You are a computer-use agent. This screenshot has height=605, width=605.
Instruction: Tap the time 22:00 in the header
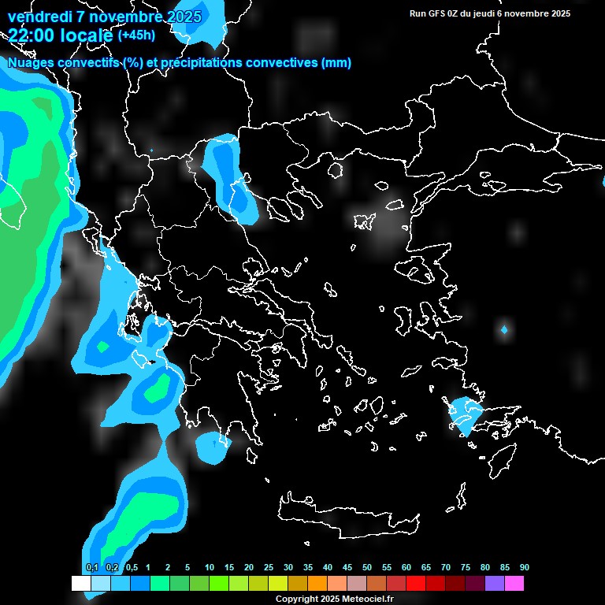[35, 35]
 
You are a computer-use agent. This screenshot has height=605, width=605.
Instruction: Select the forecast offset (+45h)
[136, 35]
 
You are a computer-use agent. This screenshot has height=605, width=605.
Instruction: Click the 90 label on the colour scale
[524, 567]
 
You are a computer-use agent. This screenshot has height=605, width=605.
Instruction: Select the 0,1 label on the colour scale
[91, 567]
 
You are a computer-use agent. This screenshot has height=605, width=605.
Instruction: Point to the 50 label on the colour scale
[366, 567]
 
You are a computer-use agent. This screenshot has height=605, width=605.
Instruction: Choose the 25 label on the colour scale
[268, 567]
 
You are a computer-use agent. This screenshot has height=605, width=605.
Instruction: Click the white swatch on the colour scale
[80, 583]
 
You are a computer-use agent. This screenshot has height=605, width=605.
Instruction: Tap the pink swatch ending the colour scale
[514, 583]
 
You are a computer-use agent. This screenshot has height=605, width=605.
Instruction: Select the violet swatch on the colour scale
[494, 583]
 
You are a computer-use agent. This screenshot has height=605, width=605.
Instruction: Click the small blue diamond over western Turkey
[504, 328]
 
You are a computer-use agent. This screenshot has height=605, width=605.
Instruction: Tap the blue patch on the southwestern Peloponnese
[213, 447]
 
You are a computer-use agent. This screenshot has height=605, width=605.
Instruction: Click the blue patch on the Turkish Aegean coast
[465, 414]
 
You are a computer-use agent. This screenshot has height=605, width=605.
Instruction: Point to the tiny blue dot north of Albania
[151, 150]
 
